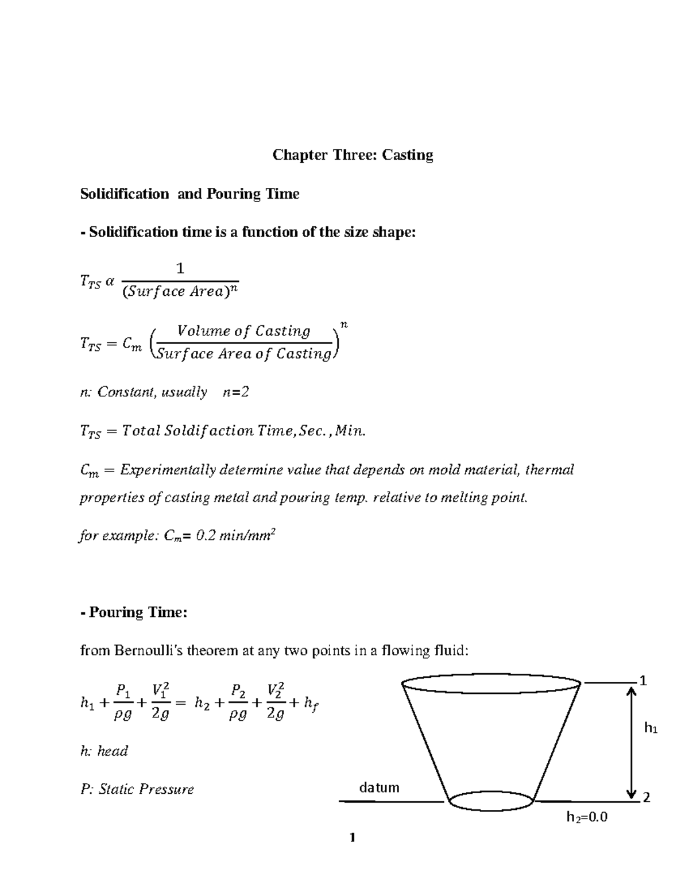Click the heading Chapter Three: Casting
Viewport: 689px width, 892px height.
(353, 155)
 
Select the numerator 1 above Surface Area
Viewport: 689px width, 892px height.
(180, 269)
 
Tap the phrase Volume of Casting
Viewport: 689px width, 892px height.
(243, 331)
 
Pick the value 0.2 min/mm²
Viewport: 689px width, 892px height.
(236, 536)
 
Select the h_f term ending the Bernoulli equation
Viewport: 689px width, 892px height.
(311, 704)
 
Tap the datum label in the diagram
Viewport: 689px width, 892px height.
(379, 787)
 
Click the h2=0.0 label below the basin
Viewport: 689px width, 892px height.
(587, 817)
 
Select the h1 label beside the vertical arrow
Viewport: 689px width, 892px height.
(651, 729)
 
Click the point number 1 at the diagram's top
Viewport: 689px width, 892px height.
(643, 681)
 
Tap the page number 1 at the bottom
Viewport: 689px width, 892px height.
(353, 838)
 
